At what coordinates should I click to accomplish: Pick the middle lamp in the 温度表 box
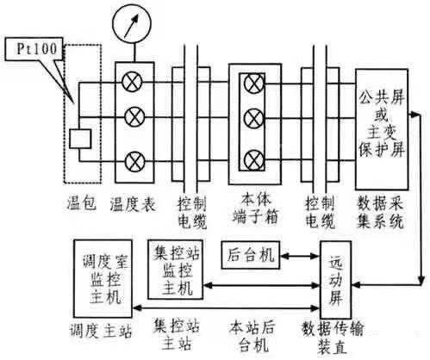134,116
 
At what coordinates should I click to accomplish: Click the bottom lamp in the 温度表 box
134,159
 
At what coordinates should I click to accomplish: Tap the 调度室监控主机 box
103,282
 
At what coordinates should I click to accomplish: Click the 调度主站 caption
99,332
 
